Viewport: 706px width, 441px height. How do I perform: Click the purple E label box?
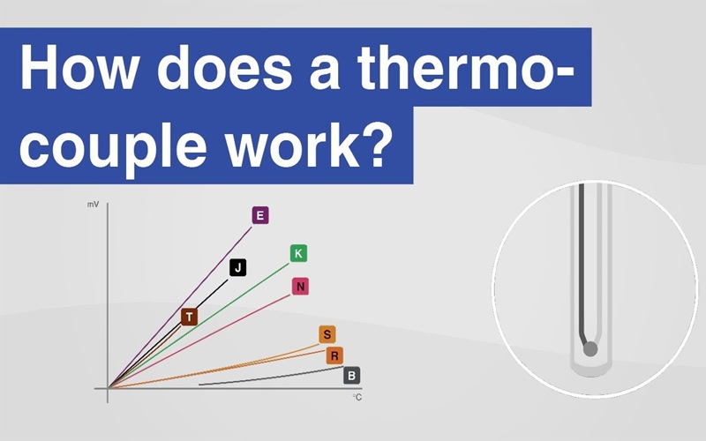click(x=260, y=215)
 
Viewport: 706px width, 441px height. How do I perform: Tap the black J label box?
click(x=237, y=268)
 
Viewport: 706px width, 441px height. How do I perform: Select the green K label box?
click(x=298, y=253)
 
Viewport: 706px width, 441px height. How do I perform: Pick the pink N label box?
click(x=300, y=286)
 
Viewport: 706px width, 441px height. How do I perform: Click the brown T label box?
click(x=190, y=317)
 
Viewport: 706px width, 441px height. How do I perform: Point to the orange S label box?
click(x=327, y=334)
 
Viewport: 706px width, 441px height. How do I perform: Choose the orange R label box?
click(x=334, y=356)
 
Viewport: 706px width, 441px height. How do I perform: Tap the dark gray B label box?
click(x=351, y=376)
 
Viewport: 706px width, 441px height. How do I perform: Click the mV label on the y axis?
click(x=94, y=205)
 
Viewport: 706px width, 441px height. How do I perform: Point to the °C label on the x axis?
click(x=357, y=398)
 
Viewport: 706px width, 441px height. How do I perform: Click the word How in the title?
click(x=79, y=68)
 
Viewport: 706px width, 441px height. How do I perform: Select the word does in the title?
click(x=224, y=68)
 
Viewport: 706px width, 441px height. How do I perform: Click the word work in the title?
click(x=293, y=143)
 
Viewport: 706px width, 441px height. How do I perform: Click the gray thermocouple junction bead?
click(x=590, y=348)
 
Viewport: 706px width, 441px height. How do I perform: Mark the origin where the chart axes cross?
click(x=108, y=388)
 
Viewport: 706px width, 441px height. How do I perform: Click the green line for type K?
click(x=199, y=325)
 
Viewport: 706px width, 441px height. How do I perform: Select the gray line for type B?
click(x=271, y=376)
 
